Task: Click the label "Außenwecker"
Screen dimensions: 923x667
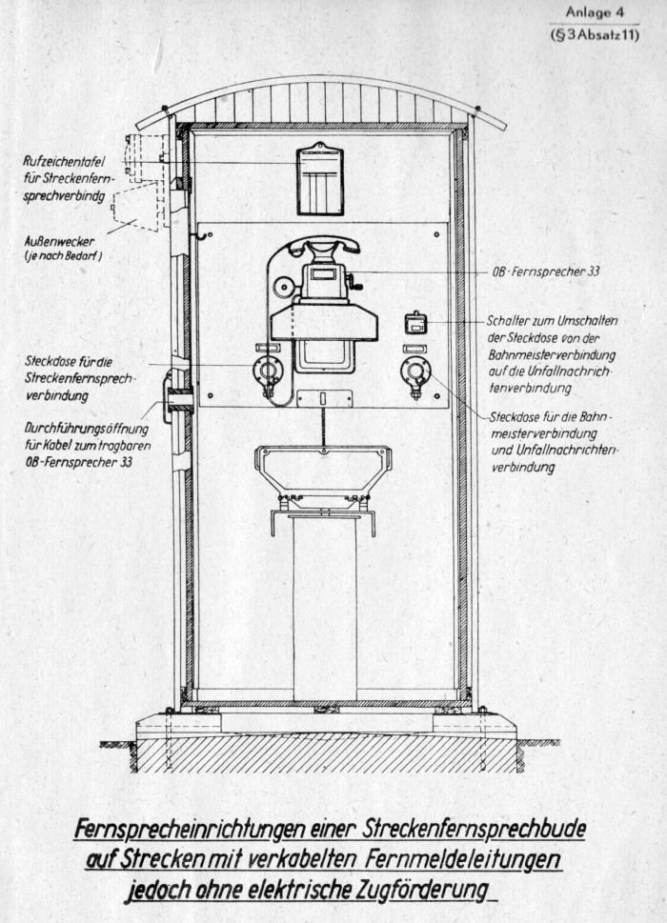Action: tap(52, 242)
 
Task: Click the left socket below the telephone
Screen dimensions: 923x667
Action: tap(267, 371)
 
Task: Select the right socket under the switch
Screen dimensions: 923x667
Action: tap(415, 371)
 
